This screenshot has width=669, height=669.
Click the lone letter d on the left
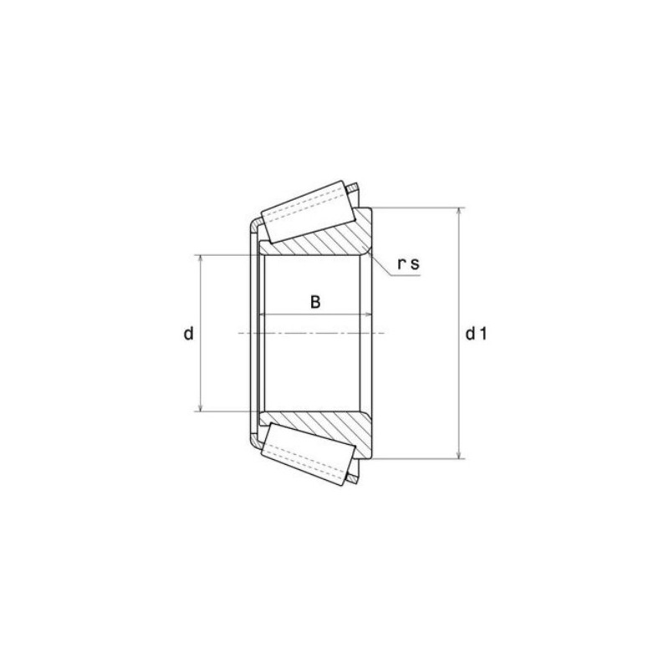click(189, 334)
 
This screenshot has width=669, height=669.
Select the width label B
click(315, 302)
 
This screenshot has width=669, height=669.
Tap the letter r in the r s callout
click(402, 264)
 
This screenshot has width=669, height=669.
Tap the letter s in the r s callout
click(415, 264)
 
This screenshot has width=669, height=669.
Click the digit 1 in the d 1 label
click(483, 334)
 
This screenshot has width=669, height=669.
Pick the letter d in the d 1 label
click(471, 334)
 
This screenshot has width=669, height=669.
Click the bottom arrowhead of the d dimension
click(202, 407)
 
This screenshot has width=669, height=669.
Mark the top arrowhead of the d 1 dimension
click(458, 211)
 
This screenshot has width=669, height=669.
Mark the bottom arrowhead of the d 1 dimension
click(458, 454)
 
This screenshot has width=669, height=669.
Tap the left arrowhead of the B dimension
click(265, 314)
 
